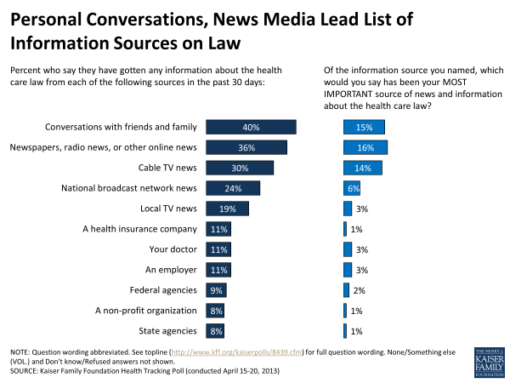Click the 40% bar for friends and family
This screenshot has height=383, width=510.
249,128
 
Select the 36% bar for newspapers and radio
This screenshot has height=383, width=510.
245,148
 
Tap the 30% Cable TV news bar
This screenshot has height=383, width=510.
238,168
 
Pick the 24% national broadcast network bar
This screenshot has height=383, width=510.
231,188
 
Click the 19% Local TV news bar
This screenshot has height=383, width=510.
225,209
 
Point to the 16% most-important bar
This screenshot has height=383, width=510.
365,148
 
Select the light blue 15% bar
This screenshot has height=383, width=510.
364,128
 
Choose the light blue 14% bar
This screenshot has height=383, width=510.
362,168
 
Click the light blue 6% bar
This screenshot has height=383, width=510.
351,188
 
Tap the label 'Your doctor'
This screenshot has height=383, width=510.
173,249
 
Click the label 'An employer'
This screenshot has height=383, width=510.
172,270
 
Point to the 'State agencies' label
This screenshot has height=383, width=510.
168,331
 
